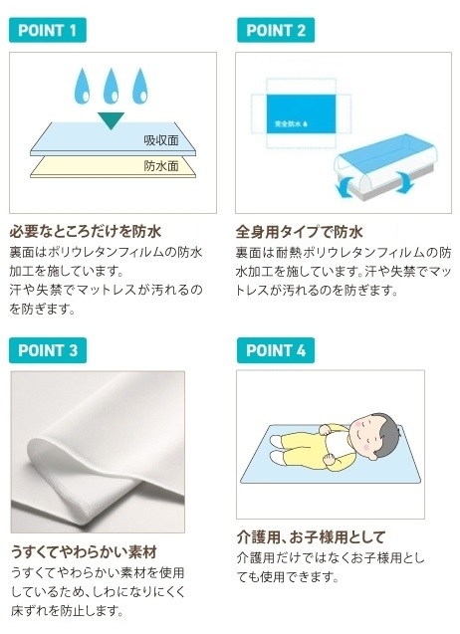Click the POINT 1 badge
[48, 30]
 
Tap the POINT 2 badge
[276, 30]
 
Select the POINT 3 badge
[48, 350]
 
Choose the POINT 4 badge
[276, 350]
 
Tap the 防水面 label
[158, 166]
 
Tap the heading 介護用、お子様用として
[311, 536]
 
